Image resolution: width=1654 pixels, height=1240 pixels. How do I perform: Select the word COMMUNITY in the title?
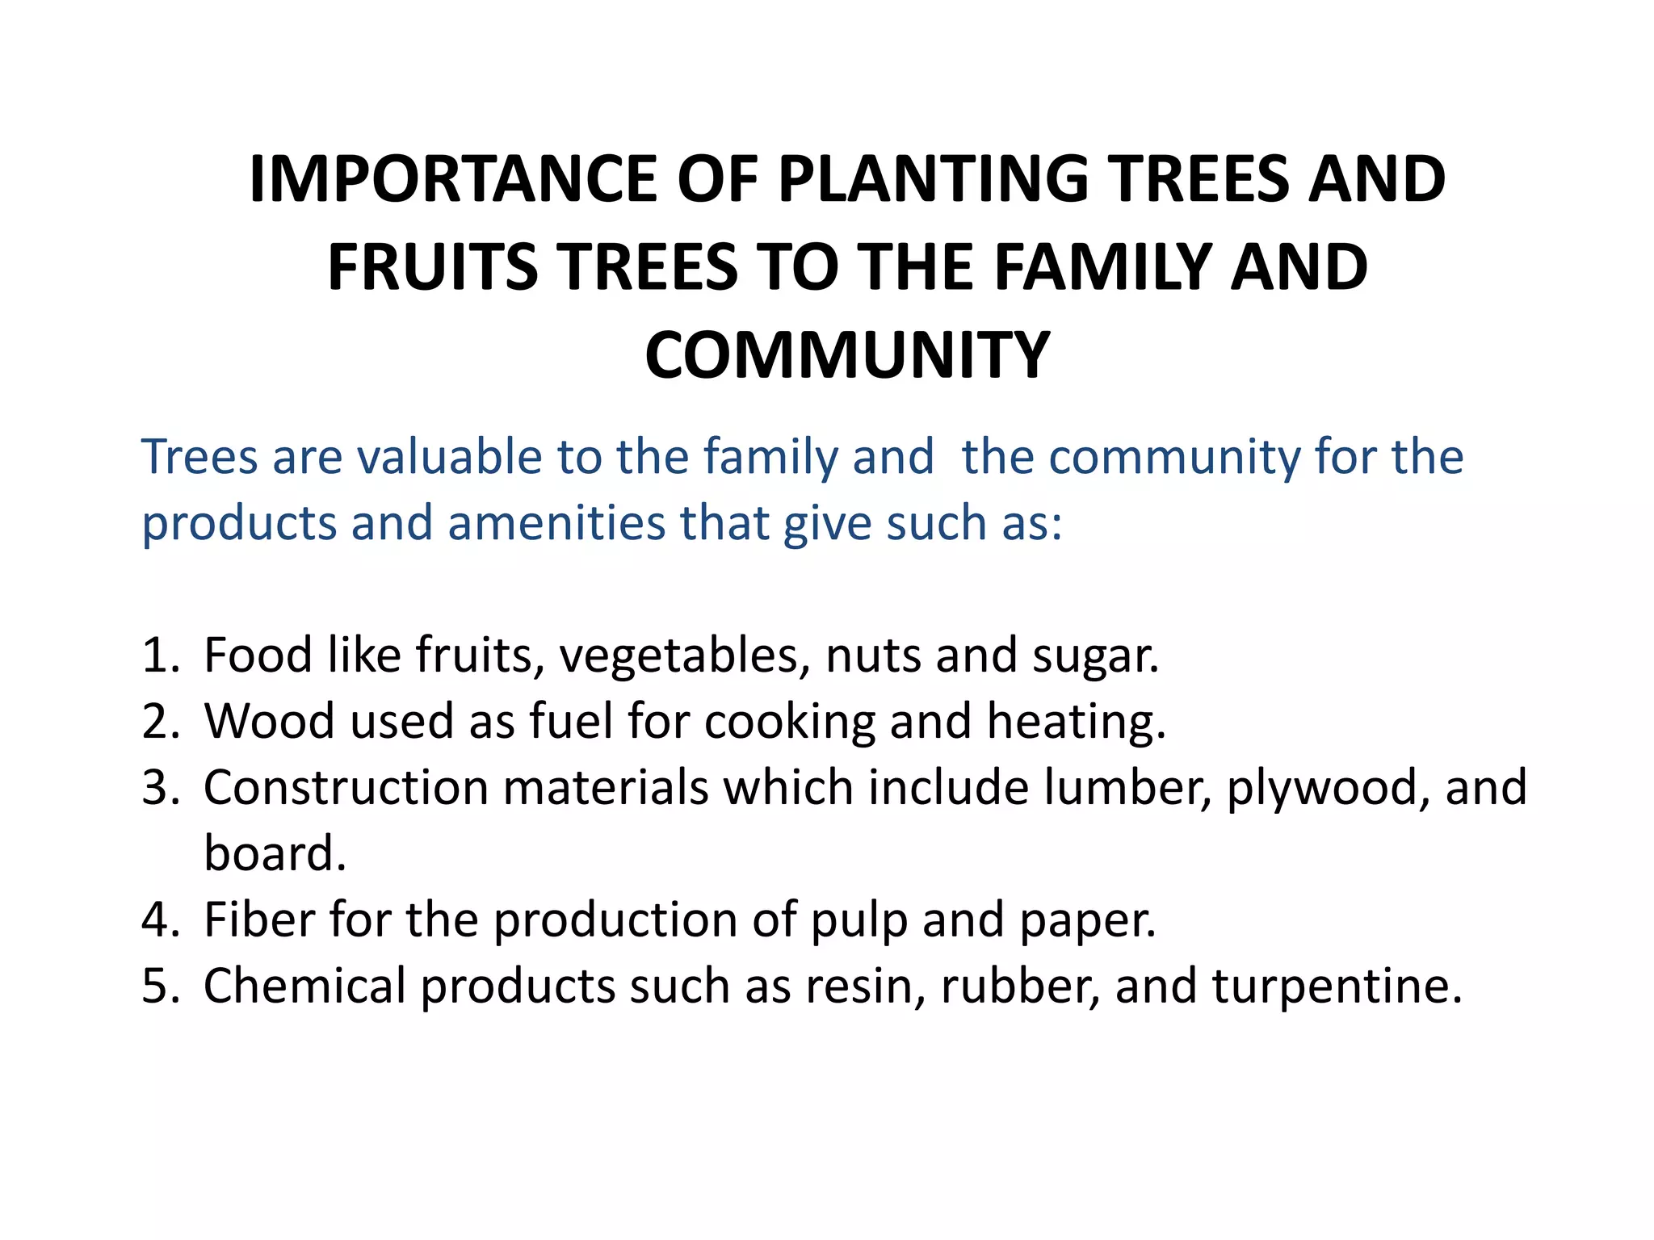point(846,356)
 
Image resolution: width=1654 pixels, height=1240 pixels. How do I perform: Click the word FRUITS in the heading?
point(433,268)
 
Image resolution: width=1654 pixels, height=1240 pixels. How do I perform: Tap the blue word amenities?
point(556,523)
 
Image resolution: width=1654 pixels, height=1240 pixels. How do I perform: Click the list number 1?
point(159,656)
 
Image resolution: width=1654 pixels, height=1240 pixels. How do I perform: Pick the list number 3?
point(159,788)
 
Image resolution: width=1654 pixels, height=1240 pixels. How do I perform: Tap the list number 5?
point(159,987)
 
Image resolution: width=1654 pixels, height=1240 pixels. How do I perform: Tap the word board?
point(275,854)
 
